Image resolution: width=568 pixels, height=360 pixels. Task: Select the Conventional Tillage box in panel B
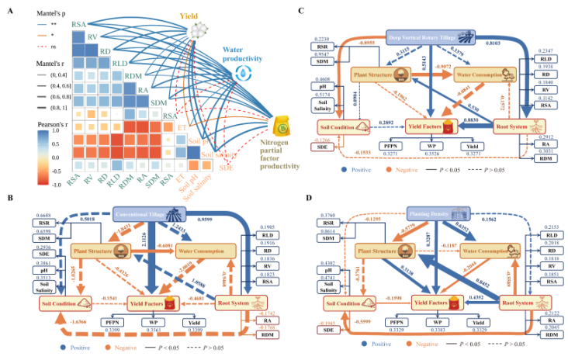pos(146,211)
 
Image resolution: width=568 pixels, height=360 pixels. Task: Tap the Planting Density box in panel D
pos(431,211)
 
